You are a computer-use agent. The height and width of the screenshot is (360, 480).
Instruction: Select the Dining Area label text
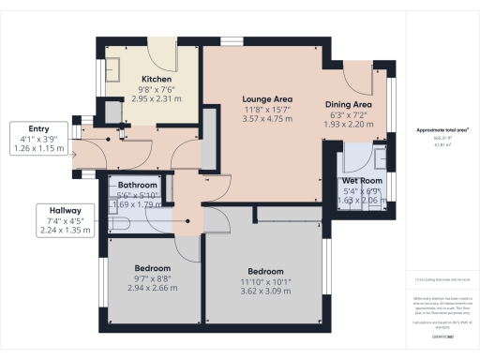coord(349,104)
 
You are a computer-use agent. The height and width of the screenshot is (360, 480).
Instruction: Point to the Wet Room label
coord(361,180)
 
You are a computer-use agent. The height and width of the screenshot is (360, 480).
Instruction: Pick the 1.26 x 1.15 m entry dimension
coord(40,148)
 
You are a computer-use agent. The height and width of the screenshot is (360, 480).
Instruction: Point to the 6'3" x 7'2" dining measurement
coord(349,114)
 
